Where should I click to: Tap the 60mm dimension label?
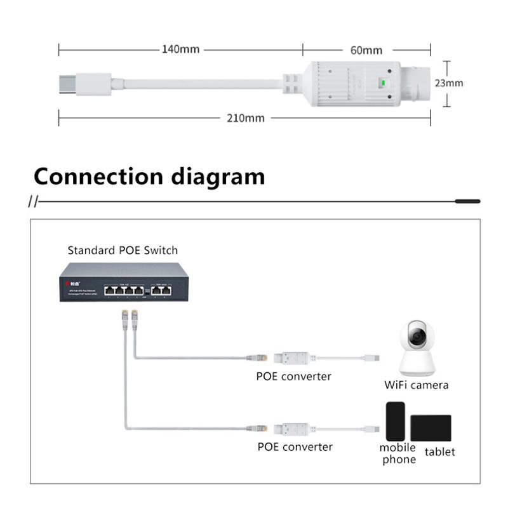tap(366, 50)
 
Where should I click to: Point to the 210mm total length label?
tap(244, 118)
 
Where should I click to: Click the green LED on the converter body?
tap(382, 83)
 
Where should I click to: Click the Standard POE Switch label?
tap(123, 250)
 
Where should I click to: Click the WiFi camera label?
tap(416, 385)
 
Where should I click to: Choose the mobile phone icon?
tap(395, 421)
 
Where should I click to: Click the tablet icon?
tap(431, 427)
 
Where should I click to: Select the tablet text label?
tap(439, 451)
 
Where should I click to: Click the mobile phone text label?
tap(398, 453)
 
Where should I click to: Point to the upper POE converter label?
tap(293, 376)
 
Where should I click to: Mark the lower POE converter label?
tap(295, 446)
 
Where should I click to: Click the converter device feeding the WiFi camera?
tap(294, 358)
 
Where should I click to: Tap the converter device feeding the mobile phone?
tap(294, 428)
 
